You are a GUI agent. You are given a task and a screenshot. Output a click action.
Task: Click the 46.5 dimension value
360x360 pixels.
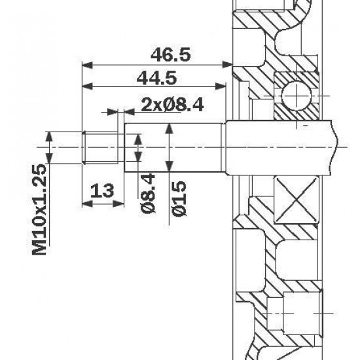[x=169, y=55]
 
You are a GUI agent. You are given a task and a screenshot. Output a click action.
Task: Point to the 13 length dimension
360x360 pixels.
[x=101, y=190]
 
